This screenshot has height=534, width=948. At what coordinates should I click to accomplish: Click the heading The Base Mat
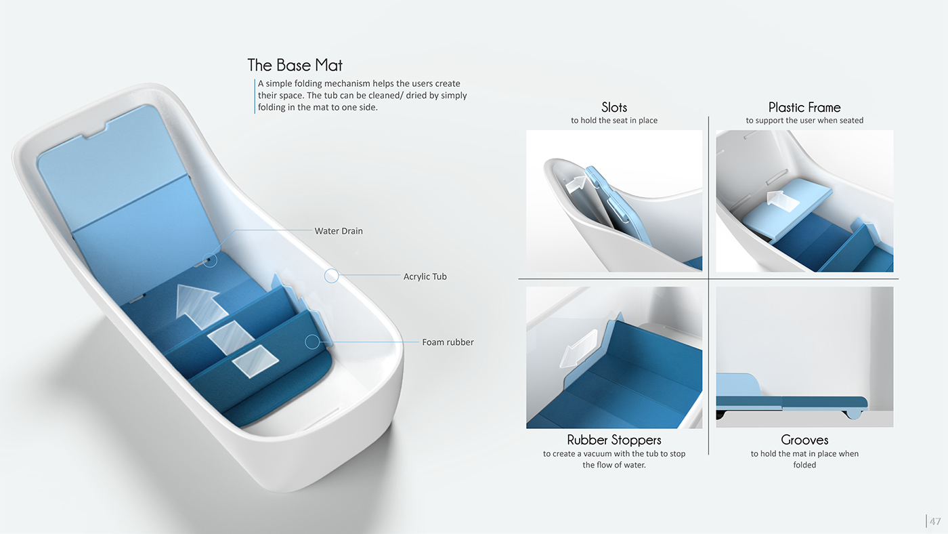tap(295, 65)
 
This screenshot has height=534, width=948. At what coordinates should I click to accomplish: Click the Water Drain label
tap(339, 231)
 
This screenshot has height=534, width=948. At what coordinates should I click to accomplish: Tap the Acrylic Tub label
tap(425, 276)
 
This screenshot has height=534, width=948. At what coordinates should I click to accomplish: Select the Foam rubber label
tap(448, 342)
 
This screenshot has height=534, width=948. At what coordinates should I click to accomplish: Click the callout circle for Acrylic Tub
tap(331, 276)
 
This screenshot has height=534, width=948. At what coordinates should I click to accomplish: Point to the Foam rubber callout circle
tap(312, 342)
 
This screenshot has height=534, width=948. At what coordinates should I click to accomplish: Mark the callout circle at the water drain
tap(210, 260)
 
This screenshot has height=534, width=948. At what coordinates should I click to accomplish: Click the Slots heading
tap(614, 107)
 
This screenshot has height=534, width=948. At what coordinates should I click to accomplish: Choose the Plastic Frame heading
tap(804, 107)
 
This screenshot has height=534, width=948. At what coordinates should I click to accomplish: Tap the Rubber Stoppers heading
tap(614, 440)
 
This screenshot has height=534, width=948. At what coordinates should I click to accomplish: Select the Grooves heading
tap(804, 440)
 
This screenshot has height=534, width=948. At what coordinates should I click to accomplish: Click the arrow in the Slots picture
tap(576, 184)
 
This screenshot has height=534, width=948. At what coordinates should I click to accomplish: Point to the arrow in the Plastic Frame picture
tap(782, 202)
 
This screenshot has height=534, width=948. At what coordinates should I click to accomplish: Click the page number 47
tap(935, 521)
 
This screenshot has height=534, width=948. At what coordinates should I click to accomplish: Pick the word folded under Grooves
tap(804, 465)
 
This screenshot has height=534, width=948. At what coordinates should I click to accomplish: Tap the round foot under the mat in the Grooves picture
tap(853, 414)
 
